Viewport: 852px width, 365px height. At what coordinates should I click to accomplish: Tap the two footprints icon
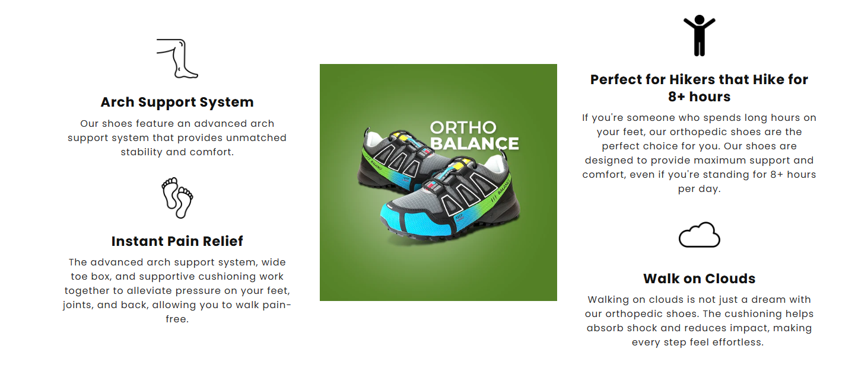[x=177, y=197]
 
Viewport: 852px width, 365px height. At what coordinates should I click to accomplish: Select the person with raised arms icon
[x=699, y=36]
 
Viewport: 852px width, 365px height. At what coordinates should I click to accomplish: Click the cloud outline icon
[x=699, y=235]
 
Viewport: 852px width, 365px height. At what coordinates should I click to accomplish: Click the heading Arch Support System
[x=177, y=102]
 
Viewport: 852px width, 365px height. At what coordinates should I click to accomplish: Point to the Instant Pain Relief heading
[x=177, y=241]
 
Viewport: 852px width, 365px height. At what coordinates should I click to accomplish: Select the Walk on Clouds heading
[x=699, y=278]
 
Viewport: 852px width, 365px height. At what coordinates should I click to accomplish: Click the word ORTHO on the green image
[x=463, y=127]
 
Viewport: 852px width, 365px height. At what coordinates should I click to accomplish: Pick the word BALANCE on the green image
[x=474, y=143]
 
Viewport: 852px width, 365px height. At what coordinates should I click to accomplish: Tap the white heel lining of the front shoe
[x=497, y=162]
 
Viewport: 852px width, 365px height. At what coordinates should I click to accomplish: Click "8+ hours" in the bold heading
[x=699, y=97]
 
